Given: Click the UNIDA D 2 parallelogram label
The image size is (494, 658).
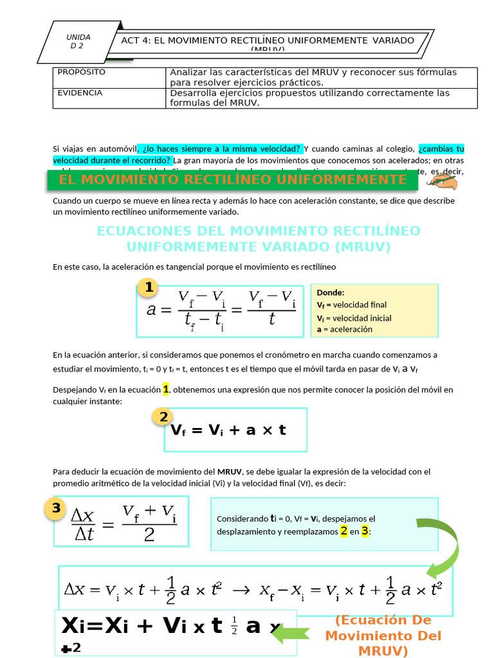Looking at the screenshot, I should [78, 41].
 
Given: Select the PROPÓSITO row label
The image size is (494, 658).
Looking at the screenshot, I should [82, 72].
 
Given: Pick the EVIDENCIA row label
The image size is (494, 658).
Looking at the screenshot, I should [80, 93].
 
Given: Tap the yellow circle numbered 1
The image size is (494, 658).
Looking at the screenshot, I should [149, 287].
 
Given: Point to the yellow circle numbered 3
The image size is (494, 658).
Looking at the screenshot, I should [56, 509].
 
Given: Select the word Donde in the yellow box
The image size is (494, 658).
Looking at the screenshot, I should [331, 292].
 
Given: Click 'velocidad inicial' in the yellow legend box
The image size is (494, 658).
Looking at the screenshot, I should [361, 318].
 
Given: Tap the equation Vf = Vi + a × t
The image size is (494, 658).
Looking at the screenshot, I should [228, 430].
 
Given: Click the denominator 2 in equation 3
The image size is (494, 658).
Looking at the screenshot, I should [149, 535].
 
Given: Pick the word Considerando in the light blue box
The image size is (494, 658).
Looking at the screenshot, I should [242, 519].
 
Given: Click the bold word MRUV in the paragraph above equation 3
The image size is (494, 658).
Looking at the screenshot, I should [230, 472].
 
